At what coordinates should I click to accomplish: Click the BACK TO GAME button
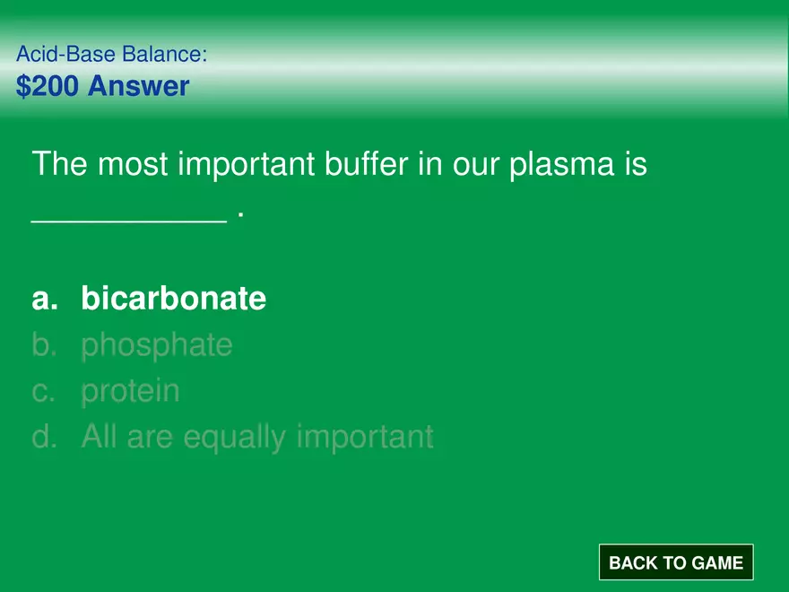[x=676, y=562]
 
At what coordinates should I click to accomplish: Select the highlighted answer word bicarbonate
[x=174, y=298]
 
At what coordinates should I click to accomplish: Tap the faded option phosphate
[x=157, y=346]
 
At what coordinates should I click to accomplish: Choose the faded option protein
[x=130, y=391]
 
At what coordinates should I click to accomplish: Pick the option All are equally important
[x=257, y=437]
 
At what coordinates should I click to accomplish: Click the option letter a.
[x=44, y=299]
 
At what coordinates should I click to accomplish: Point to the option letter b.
[x=44, y=344]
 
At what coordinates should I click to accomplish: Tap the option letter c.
[x=43, y=392]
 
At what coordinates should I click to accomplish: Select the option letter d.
[x=44, y=436]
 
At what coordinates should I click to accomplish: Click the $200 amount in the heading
[x=48, y=85]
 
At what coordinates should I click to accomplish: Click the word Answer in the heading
[x=138, y=85]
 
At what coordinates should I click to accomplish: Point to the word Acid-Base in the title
[x=66, y=54]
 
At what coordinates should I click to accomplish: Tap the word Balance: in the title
[x=165, y=54]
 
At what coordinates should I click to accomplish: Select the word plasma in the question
[x=562, y=165]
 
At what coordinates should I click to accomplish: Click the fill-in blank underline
[x=129, y=221]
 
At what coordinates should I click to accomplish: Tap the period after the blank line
[x=241, y=215]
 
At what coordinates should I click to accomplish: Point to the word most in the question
[x=133, y=165]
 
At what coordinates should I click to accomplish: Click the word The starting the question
[x=60, y=163]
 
